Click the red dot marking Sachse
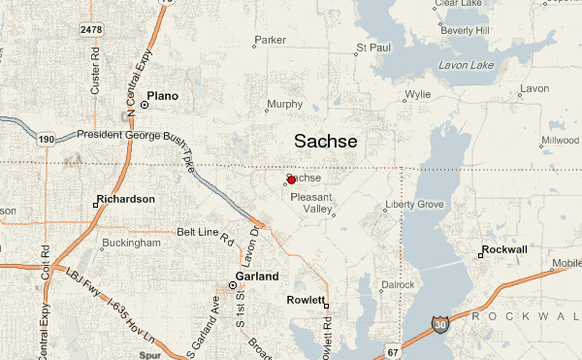coord(291,180)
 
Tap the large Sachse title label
coord(325,142)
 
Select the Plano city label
coord(163,96)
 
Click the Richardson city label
coord(125,199)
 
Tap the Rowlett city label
coord(306,300)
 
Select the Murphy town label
coord(284,104)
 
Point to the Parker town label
coord(270,41)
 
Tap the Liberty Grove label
coord(415,205)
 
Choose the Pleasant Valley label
coord(311,203)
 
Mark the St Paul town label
coord(373,46)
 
